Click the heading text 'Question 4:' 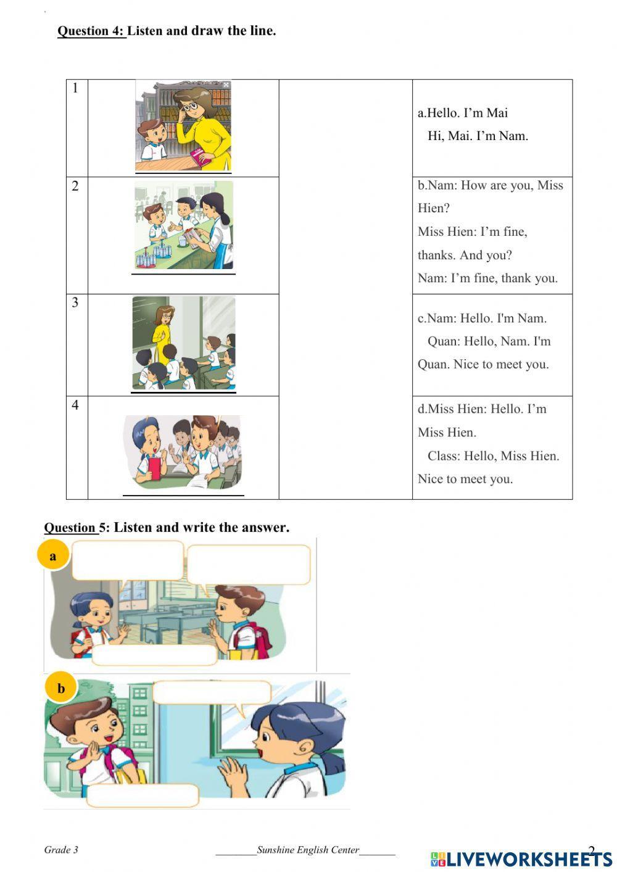(91, 31)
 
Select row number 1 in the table (76, 88)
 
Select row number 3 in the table (75, 302)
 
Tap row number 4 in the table (75, 405)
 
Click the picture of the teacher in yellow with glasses (183, 126)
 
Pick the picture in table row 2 (184, 225)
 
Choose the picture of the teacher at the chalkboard (183, 343)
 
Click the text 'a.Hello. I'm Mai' (463, 113)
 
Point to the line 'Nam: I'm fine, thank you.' (487, 278)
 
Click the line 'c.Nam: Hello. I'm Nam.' (482, 318)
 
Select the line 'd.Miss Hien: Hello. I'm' (482, 409)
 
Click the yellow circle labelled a (52, 555)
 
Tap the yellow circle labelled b (60, 688)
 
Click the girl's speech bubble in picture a (128, 560)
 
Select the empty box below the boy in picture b (143, 795)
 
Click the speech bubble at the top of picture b (212, 692)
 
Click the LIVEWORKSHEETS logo (521, 858)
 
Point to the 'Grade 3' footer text (61, 850)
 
